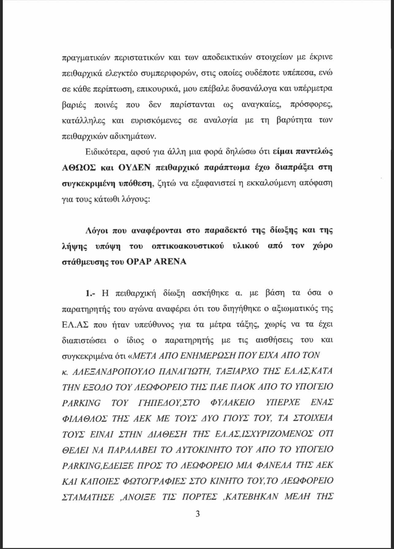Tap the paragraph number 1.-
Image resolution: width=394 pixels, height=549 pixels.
click(91, 293)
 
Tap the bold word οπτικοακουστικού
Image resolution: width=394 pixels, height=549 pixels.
click(188, 246)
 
